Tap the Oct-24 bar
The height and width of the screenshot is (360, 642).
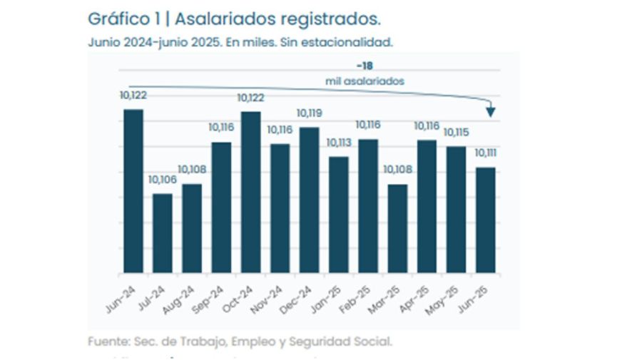pos(250,192)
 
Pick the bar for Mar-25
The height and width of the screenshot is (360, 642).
pos(397,228)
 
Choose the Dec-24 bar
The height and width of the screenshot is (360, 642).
pos(309,200)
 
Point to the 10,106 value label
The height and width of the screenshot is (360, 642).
pos(162,180)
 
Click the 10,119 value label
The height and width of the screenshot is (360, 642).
pos(310,113)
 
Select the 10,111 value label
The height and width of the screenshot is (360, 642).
pos(486,153)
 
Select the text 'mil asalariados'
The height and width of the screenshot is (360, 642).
pos(365,81)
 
